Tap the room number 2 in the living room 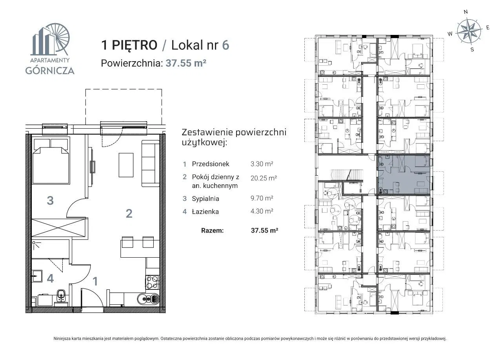(129, 213)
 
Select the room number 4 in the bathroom (50, 278)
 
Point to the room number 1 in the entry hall (95, 281)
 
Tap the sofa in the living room (150, 164)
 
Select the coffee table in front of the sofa (126, 165)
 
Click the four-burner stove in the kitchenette (152, 282)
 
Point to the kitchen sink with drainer (148, 299)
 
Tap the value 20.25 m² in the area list (264, 178)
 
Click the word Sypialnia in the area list (206, 198)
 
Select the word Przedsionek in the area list (211, 164)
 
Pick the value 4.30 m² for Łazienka (262, 211)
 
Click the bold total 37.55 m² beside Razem (264, 230)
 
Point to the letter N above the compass (466, 12)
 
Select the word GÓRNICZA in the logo (50, 71)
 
